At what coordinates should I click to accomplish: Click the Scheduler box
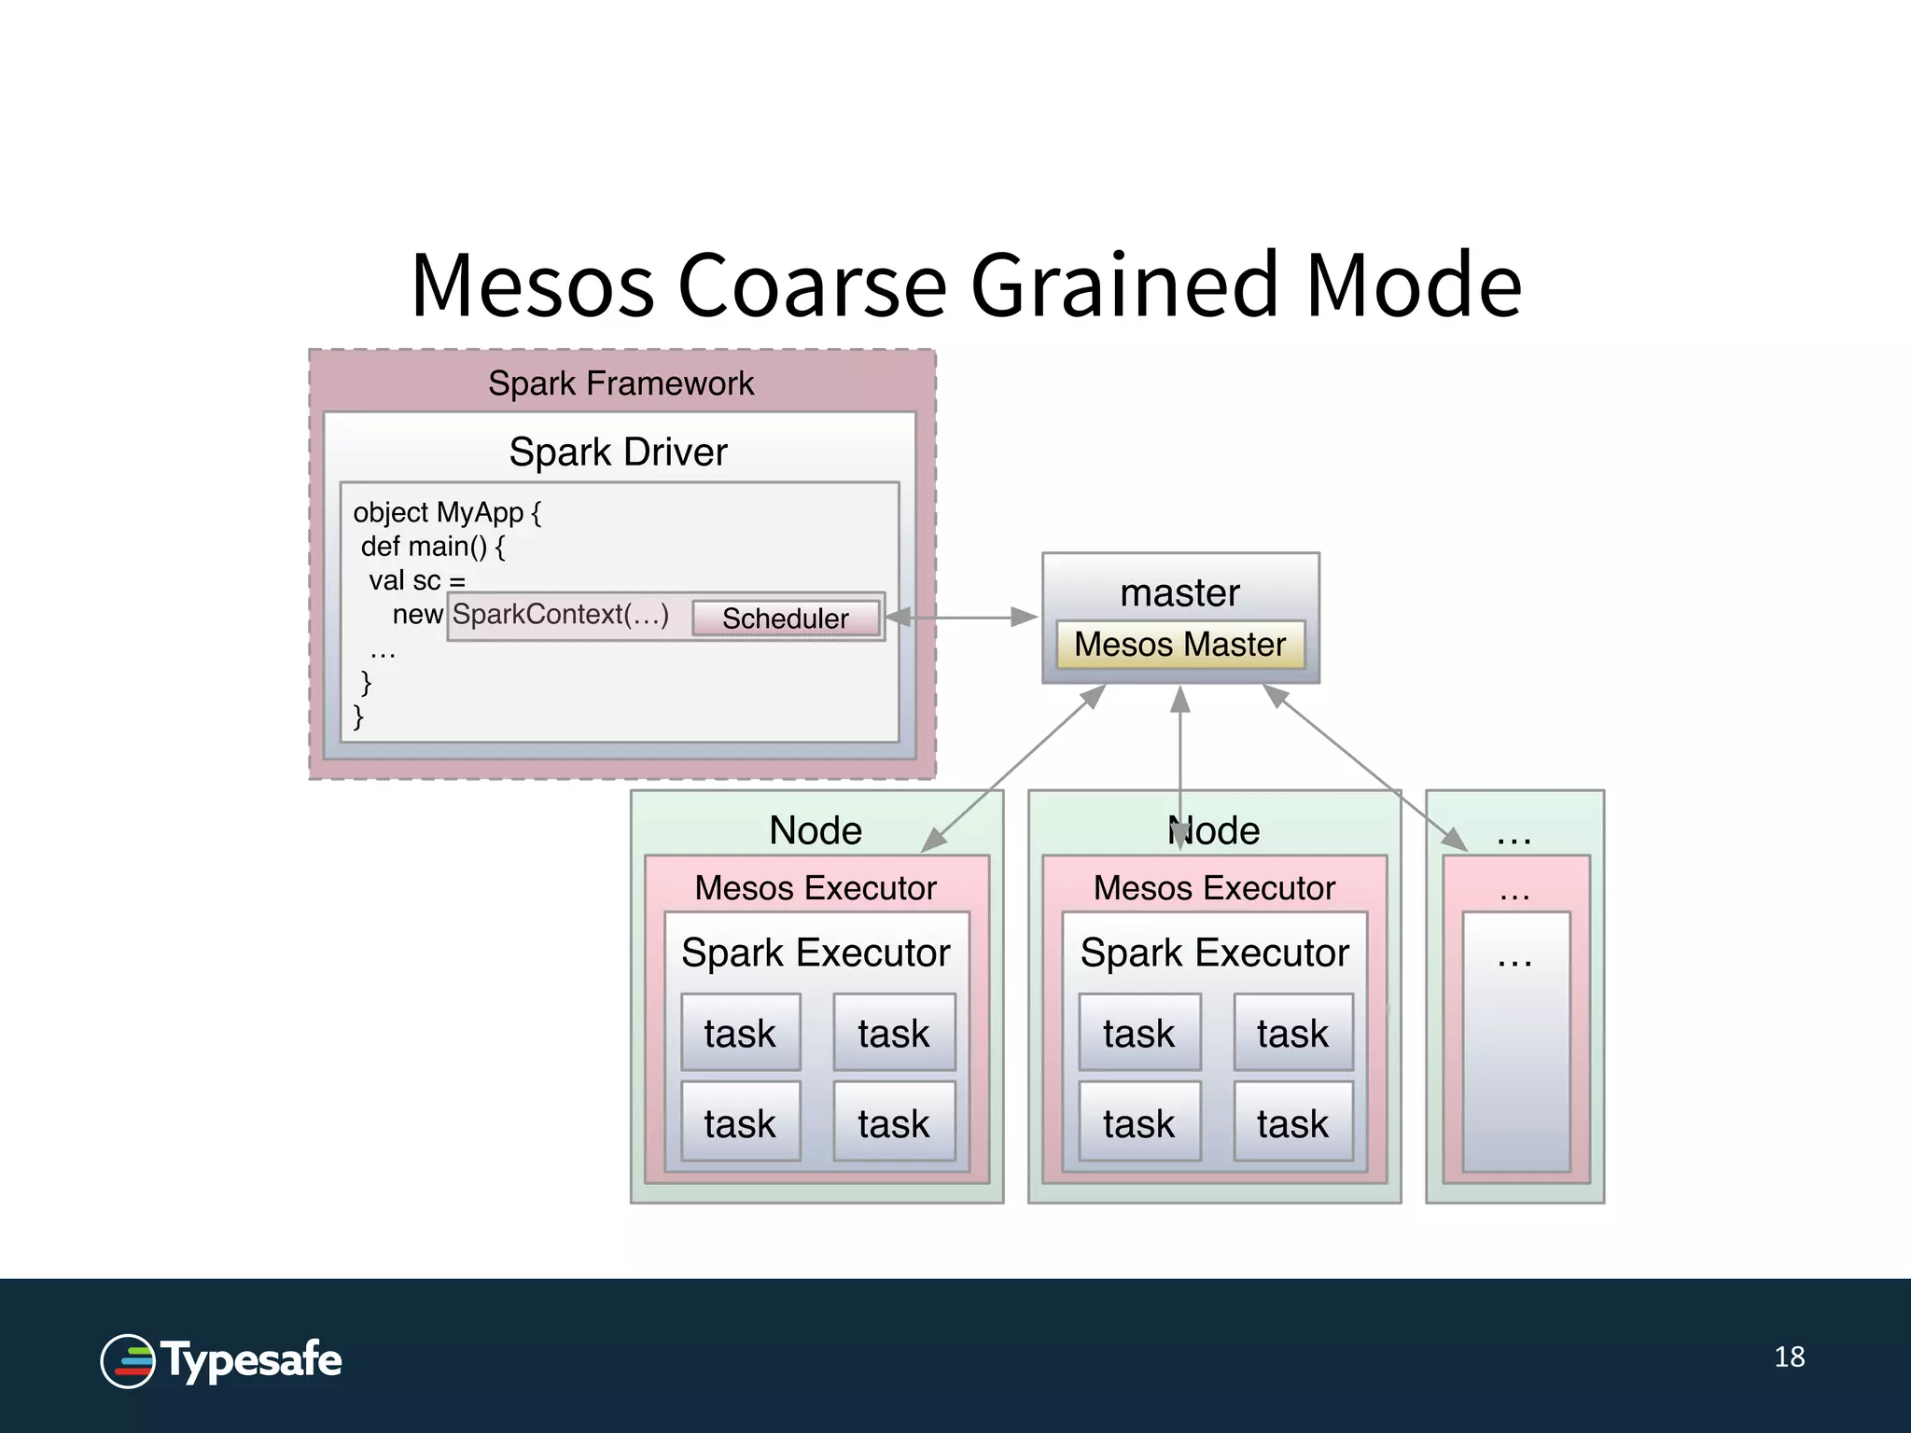(x=786, y=618)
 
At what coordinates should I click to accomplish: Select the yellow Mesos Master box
(x=1179, y=645)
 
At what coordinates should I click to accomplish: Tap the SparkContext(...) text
(x=561, y=615)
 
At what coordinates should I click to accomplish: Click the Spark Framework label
(x=621, y=383)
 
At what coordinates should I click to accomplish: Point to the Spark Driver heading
(x=618, y=452)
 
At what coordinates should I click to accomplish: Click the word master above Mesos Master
(x=1179, y=593)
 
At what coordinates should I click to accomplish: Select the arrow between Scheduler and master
(x=961, y=617)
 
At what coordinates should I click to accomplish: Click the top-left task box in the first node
(x=740, y=1033)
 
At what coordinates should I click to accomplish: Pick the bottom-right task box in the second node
(x=1292, y=1122)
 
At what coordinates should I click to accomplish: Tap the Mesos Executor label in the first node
(x=816, y=888)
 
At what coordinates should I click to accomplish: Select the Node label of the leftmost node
(x=816, y=830)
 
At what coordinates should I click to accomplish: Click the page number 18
(x=1789, y=1357)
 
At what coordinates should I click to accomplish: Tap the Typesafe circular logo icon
(x=128, y=1361)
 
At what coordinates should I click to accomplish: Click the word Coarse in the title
(x=811, y=285)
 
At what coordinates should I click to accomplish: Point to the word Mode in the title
(x=1414, y=285)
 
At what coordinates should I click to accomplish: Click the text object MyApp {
(x=447, y=512)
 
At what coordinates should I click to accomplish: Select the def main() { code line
(x=433, y=547)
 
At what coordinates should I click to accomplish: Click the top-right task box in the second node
(x=1292, y=1033)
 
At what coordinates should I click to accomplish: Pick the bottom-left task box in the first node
(x=740, y=1122)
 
